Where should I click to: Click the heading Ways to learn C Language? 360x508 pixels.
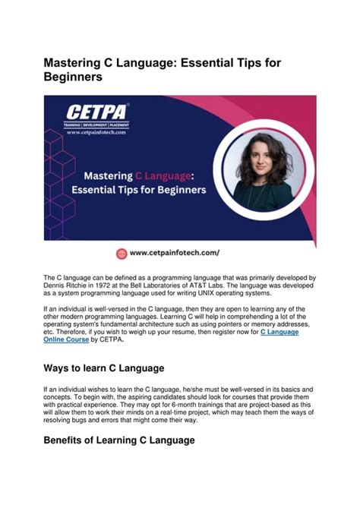click(104, 368)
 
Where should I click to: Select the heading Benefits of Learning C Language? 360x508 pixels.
click(120, 440)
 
